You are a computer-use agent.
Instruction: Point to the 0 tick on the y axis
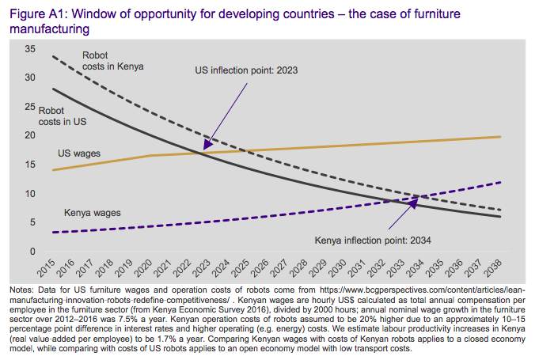coord(33,252)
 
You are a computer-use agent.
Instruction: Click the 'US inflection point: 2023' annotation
coord(246,70)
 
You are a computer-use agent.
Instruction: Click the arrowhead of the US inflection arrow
coord(204,148)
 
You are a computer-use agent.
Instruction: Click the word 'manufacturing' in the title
coord(47,28)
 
